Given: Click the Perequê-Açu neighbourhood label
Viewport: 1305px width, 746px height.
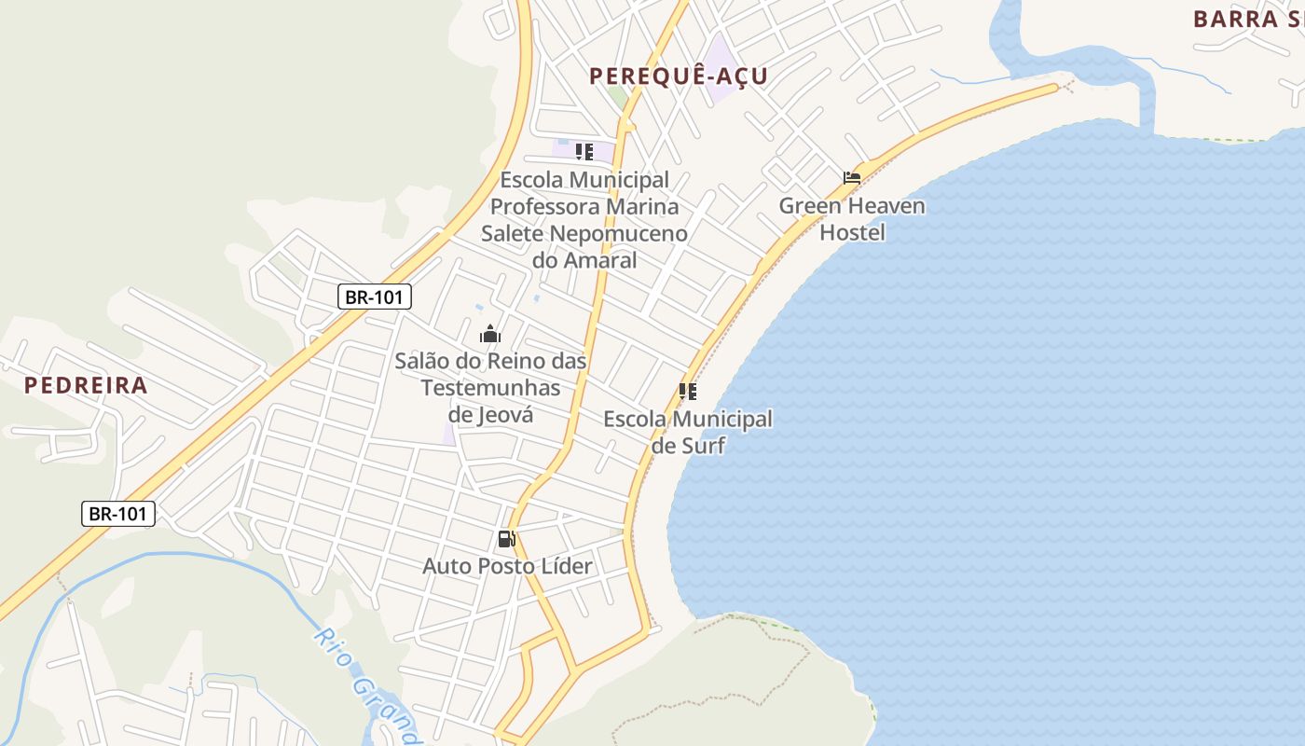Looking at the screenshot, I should coord(678,76).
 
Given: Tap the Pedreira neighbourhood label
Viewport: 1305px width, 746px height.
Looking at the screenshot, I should coord(86,385).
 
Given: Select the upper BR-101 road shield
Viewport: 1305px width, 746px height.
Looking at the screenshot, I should coord(374,297).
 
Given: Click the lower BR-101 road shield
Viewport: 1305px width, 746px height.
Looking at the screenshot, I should coord(118,513).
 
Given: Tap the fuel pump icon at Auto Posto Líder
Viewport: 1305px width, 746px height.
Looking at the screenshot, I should coord(506,539).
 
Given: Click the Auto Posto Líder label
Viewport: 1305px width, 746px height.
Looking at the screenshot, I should coord(507,566).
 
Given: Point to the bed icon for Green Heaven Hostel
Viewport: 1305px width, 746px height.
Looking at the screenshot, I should coord(852,177).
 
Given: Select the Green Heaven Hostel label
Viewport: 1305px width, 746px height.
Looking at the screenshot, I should coord(852,218).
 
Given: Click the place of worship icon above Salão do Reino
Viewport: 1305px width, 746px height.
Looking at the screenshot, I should coord(490,334).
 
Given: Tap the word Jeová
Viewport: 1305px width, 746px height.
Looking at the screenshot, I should coord(504,415).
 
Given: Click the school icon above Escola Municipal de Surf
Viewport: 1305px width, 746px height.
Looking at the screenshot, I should coord(688,392).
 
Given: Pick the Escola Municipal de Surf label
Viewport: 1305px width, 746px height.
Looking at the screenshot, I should coord(688,432).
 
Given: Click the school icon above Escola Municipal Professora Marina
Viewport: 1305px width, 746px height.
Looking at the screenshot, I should coord(584,151).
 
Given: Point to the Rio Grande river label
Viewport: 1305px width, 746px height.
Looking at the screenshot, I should coord(368,685).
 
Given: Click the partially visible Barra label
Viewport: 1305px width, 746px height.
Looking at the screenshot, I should coord(1247,19).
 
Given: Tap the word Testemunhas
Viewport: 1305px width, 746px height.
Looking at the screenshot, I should coord(491,388).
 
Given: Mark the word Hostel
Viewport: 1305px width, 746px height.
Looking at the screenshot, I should coord(852,232).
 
